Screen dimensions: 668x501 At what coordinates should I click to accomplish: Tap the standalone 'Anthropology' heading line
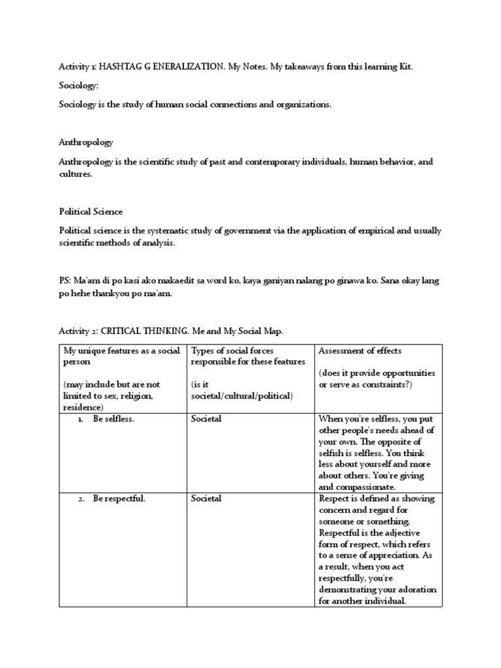point(86,142)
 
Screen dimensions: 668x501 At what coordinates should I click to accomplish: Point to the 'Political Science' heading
point(91,212)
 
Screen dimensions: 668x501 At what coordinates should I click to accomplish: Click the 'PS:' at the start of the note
point(66,281)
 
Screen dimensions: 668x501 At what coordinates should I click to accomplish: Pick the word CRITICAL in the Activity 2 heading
point(122,331)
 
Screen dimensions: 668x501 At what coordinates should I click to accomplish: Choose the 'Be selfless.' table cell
point(113,419)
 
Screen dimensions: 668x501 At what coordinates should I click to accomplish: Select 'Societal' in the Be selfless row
point(206,419)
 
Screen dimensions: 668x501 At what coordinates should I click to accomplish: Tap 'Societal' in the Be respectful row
point(206,498)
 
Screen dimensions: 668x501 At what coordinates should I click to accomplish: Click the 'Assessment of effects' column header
point(360,351)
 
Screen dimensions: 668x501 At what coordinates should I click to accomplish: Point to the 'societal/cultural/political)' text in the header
point(242,396)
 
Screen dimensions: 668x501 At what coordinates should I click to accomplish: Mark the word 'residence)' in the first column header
point(83,407)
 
